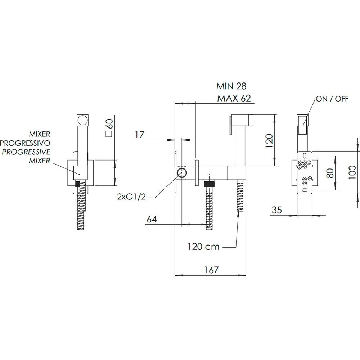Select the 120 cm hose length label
(203, 247)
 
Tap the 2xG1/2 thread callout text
(131, 197)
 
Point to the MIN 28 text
(231, 86)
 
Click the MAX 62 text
(234, 98)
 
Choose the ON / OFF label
(332, 99)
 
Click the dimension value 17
(139, 135)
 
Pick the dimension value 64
(152, 219)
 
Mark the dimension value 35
(276, 210)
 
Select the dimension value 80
(330, 173)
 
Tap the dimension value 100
(352, 172)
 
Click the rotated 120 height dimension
(269, 140)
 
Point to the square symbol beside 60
(109, 134)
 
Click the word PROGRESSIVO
(25, 143)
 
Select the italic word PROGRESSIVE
(26, 152)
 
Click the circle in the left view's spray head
(82, 120)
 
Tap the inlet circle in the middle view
(182, 173)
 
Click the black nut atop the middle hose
(209, 184)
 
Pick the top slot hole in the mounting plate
(305, 156)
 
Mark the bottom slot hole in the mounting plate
(305, 190)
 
